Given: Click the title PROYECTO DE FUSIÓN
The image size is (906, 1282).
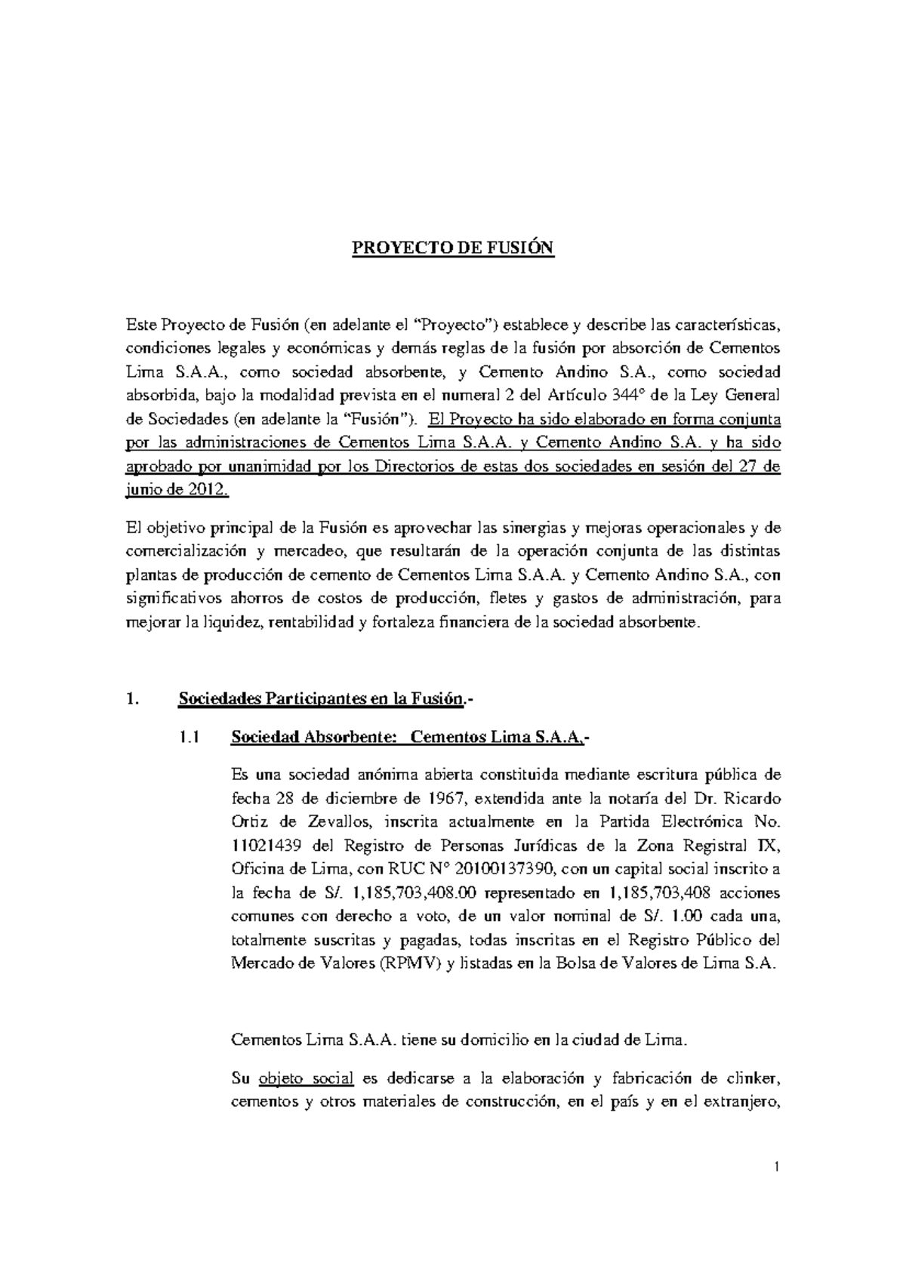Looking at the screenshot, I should click(453, 248).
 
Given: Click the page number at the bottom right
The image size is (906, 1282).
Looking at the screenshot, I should click(776, 1190).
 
